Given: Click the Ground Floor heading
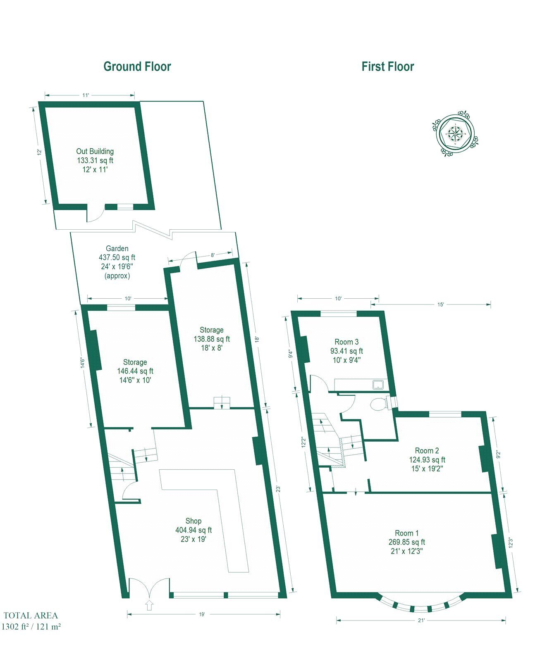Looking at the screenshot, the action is point(137,67).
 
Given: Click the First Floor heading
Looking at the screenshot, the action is point(387,67).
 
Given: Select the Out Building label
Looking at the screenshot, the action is point(95,151).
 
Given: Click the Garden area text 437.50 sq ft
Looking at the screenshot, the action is point(117,257).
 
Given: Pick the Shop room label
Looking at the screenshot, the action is point(193,521).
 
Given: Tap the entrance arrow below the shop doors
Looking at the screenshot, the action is point(149,605).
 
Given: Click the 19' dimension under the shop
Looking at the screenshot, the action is point(202,614).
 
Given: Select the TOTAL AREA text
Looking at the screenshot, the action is point(31,616).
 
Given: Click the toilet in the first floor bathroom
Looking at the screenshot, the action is point(379,404).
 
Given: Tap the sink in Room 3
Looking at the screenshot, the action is point(378,385).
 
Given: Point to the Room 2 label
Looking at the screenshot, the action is point(427,451).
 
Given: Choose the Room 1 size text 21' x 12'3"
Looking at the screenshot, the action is point(406,551).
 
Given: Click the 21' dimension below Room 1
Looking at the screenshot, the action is point(421,620).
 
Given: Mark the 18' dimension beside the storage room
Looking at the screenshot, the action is point(257,339).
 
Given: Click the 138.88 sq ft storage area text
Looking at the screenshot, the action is point(212,339).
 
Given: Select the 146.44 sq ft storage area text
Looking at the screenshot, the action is point(135,371).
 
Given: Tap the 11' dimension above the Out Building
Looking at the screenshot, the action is point(86,95).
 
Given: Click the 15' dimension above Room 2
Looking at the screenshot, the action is point(441,304).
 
